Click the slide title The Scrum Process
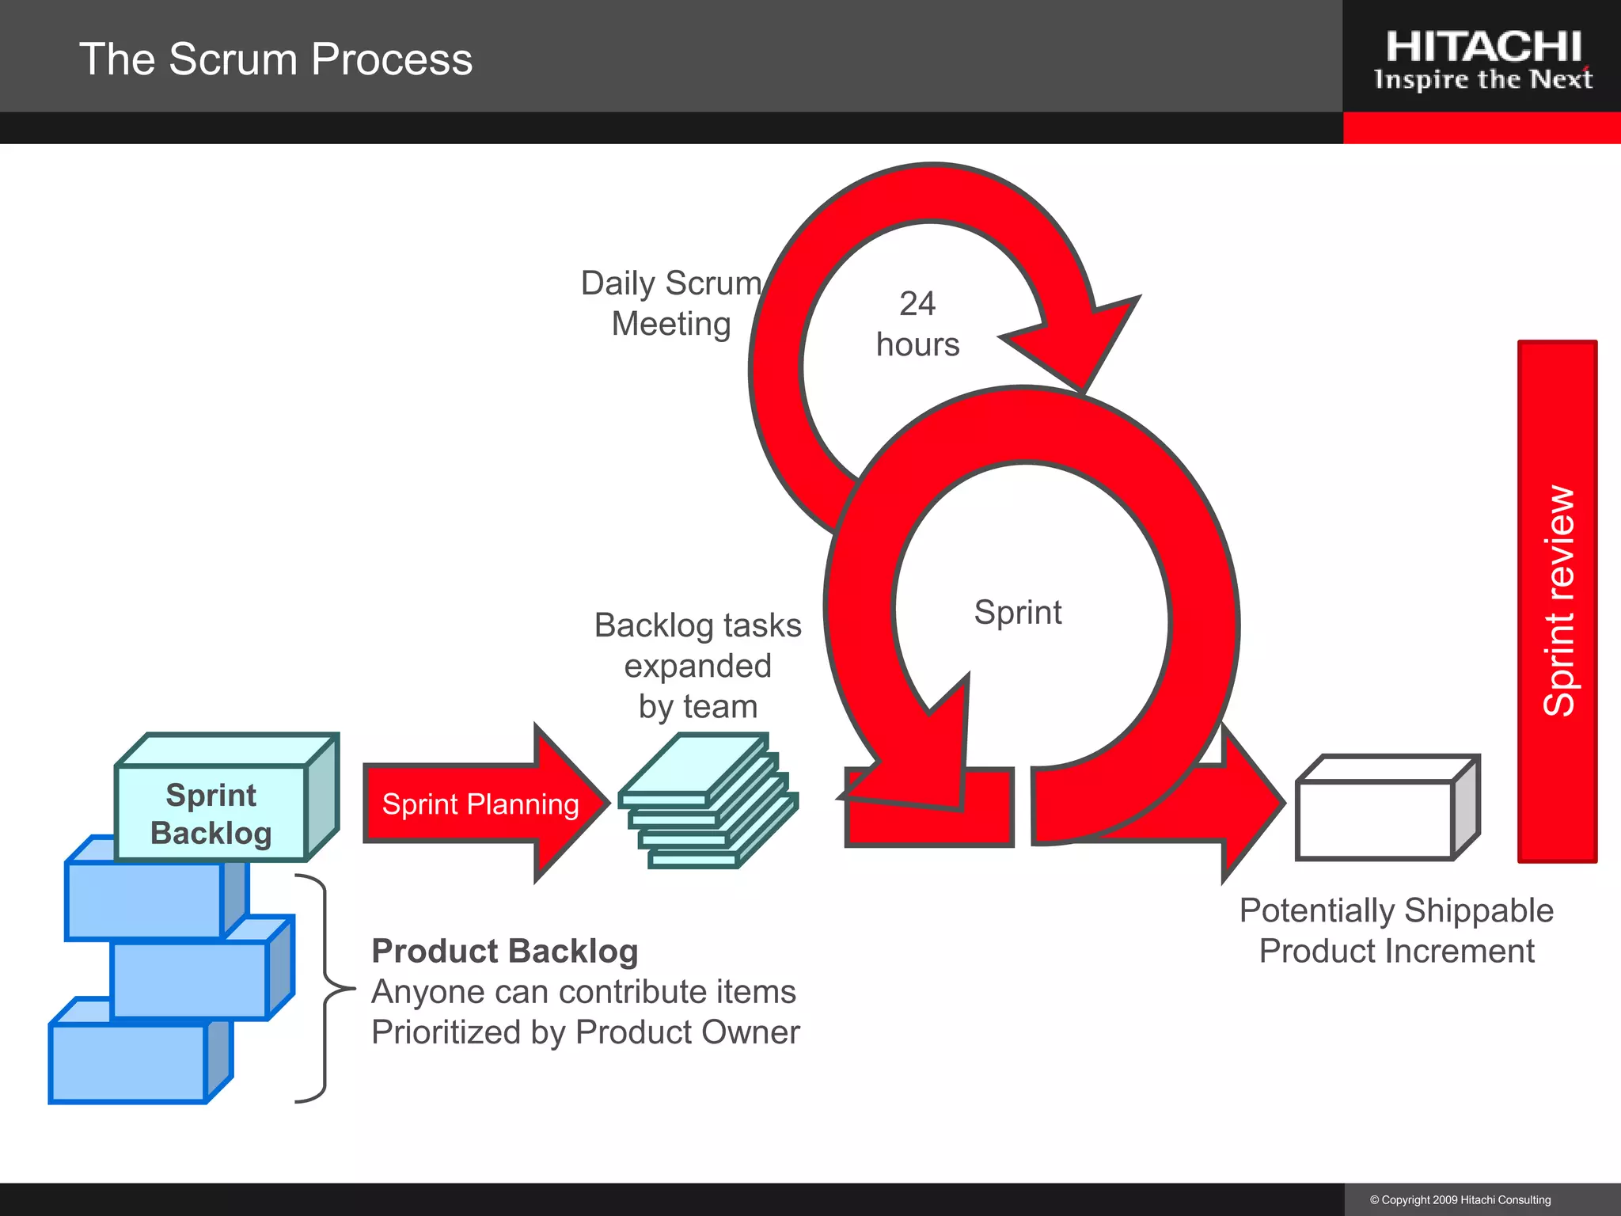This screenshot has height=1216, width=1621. (275, 59)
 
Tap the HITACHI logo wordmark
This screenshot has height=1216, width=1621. (1483, 47)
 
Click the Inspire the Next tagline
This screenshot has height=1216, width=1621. (1483, 80)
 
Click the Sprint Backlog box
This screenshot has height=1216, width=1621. (211, 814)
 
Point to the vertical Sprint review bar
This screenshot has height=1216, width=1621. (1557, 602)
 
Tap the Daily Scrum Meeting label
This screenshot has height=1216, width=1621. (671, 304)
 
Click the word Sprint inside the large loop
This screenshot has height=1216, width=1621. (1018, 613)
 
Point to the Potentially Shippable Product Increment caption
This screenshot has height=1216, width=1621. (1396, 931)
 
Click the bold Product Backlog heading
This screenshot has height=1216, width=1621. (505, 952)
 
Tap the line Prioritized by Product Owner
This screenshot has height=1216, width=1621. (586, 1032)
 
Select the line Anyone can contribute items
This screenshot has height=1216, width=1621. (584, 992)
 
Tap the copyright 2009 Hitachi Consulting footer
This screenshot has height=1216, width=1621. (1460, 1200)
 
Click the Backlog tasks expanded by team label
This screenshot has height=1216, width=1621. (697, 666)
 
